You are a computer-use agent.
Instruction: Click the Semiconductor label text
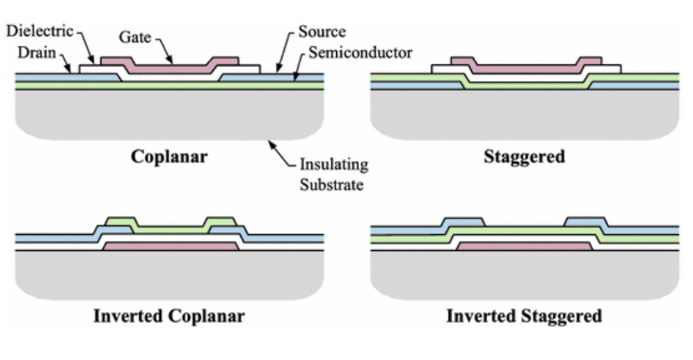point(360,53)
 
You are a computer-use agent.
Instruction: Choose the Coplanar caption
point(168,158)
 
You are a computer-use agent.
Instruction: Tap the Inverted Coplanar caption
point(168,315)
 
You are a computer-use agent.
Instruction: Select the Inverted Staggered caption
point(525,315)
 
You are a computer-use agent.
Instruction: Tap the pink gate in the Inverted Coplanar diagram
point(170,246)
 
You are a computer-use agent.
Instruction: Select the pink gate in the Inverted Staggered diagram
point(524,246)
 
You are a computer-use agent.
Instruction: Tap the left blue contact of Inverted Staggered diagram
point(463,225)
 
